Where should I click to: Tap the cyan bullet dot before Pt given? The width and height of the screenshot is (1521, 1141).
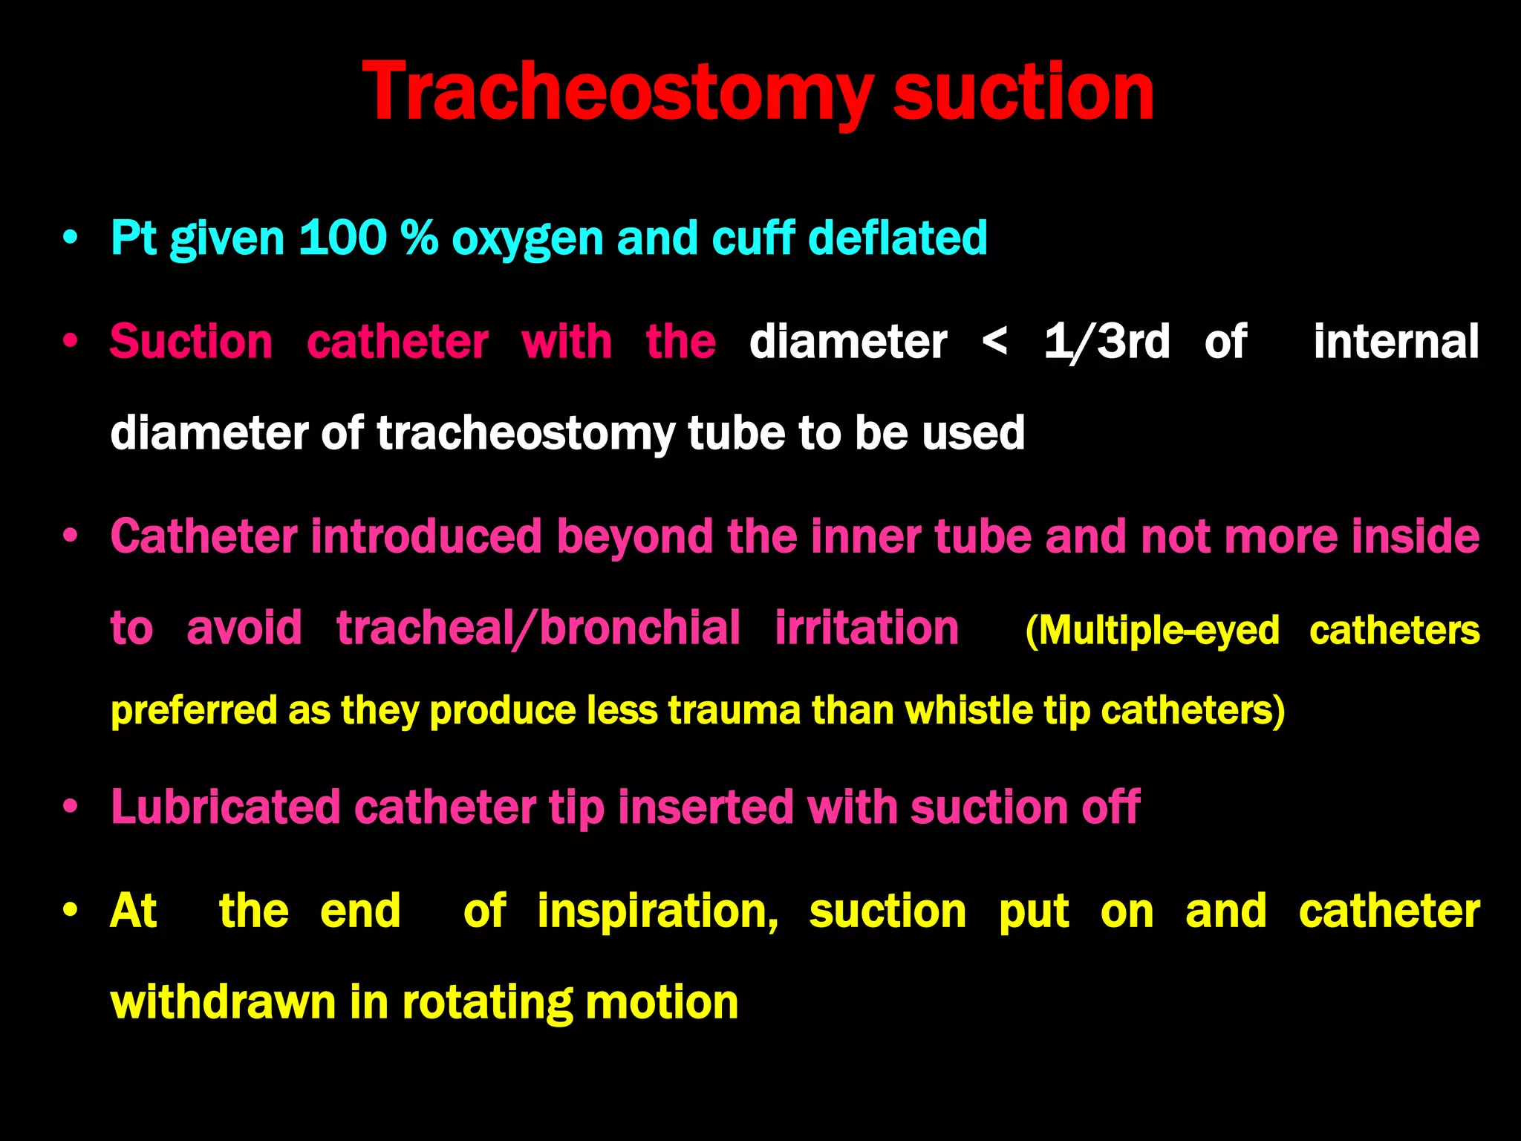[x=71, y=238]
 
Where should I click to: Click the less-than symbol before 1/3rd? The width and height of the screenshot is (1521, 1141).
[x=994, y=342]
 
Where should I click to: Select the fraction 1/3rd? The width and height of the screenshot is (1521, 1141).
[x=1107, y=342]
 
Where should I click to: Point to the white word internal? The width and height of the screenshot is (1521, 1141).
[x=1396, y=342]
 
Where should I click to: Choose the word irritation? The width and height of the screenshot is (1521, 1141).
[x=867, y=628]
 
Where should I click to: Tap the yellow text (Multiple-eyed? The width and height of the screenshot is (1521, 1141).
[x=1152, y=631]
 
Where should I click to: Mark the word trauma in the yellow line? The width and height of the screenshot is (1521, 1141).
[x=735, y=710]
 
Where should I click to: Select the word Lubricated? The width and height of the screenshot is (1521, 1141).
[x=225, y=807]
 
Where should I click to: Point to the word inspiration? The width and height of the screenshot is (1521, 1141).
[x=657, y=911]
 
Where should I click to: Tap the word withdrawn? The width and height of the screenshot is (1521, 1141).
[x=223, y=1003]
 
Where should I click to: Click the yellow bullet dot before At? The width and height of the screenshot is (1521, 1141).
[x=71, y=911]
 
